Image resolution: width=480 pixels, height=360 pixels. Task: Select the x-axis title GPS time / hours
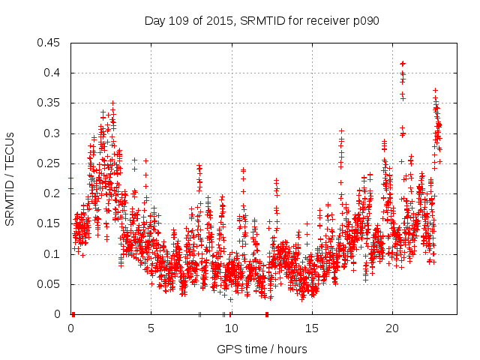[x=262, y=349]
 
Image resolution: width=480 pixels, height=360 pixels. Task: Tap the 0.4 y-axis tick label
[x=53, y=73]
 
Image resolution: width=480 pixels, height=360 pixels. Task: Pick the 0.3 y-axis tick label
[x=53, y=133]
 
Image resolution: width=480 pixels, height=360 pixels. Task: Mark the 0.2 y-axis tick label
[x=53, y=193]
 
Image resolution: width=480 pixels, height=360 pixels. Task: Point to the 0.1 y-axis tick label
[x=53, y=253]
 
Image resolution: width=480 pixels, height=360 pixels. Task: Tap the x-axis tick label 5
[x=151, y=328]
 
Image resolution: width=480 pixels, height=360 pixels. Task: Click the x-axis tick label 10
[x=231, y=328]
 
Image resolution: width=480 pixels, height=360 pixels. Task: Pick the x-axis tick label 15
[x=311, y=328]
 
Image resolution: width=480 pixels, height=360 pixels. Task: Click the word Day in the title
[x=154, y=21]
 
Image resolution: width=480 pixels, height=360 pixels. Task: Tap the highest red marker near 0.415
[x=403, y=64]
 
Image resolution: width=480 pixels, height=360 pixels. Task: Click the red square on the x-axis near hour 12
[x=266, y=314]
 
